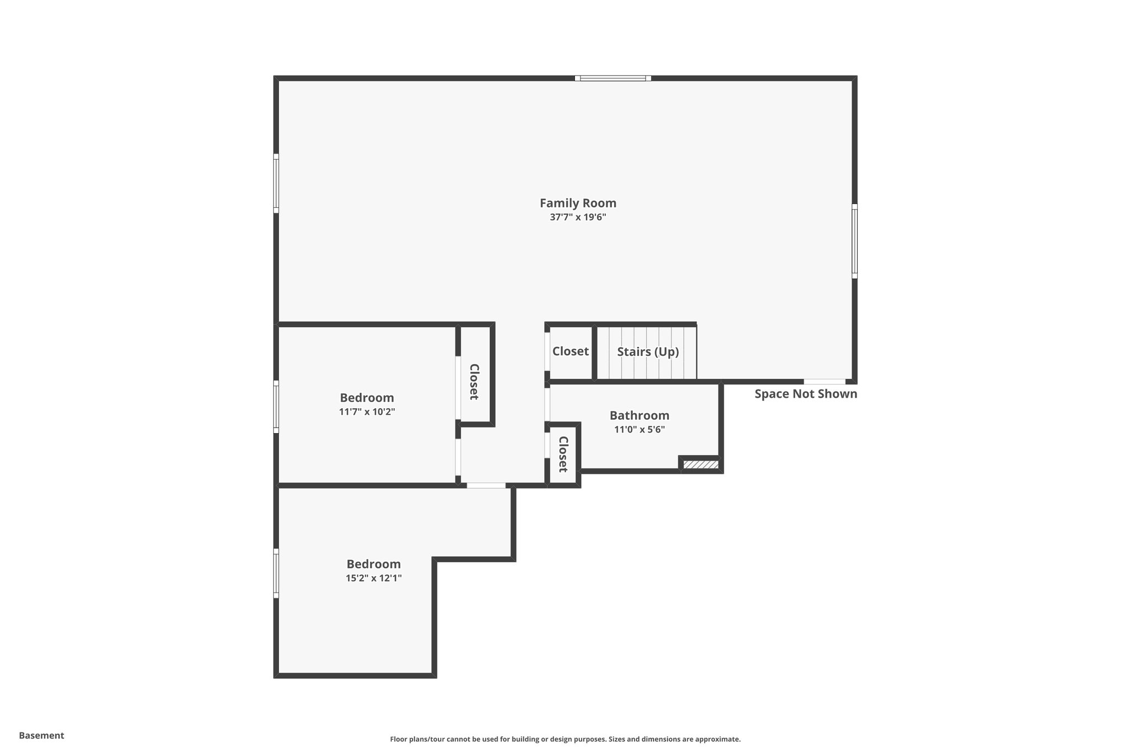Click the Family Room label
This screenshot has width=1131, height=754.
pos(578,203)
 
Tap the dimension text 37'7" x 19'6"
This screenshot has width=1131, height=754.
pos(578,218)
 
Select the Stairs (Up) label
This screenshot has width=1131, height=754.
pos(647,352)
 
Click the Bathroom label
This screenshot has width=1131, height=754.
pos(639,415)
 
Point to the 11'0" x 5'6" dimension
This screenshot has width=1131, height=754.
pos(639,430)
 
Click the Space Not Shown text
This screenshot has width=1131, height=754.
pos(805,394)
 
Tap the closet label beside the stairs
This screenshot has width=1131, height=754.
pos(570,351)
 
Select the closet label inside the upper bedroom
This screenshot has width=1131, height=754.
pos(474,382)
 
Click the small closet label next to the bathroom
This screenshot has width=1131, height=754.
pos(563,454)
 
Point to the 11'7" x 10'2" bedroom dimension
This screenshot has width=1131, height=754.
pos(367,412)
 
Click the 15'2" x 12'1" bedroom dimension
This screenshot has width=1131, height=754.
pos(373,578)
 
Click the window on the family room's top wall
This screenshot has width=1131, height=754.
pos(612,78)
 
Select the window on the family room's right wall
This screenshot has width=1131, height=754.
pos(854,241)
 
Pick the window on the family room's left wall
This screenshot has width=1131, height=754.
pos(276,183)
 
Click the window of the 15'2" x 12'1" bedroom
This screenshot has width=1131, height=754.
pos(276,573)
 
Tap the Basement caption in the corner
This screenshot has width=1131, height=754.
pos(41,735)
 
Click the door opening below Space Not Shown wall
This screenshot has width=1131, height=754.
pos(824,381)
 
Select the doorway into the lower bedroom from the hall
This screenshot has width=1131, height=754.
pos(486,486)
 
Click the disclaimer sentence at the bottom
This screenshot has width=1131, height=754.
pos(565,739)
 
